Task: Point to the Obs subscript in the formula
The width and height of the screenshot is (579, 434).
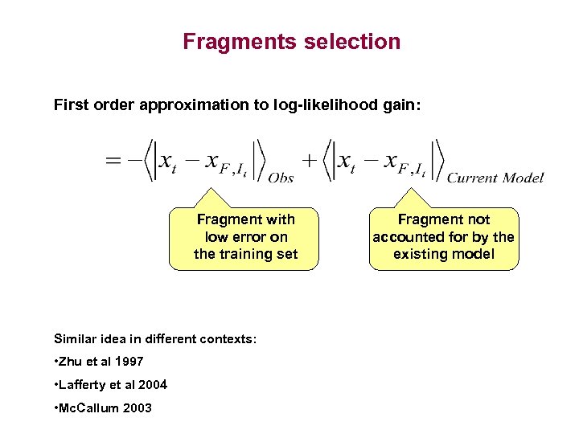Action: pos(281,178)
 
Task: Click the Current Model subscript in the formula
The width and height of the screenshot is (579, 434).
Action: pos(495,178)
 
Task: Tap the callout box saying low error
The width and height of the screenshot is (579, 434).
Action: pos(245,237)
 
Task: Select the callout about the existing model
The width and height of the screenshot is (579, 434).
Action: pos(443,237)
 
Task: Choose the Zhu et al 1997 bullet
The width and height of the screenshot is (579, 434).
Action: pos(98,362)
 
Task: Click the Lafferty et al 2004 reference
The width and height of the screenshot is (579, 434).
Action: pos(110,384)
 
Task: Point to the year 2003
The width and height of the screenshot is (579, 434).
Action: pos(138,407)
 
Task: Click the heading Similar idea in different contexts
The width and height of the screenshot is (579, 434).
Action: pos(155,339)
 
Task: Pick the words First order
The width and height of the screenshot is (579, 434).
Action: pos(87,104)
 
